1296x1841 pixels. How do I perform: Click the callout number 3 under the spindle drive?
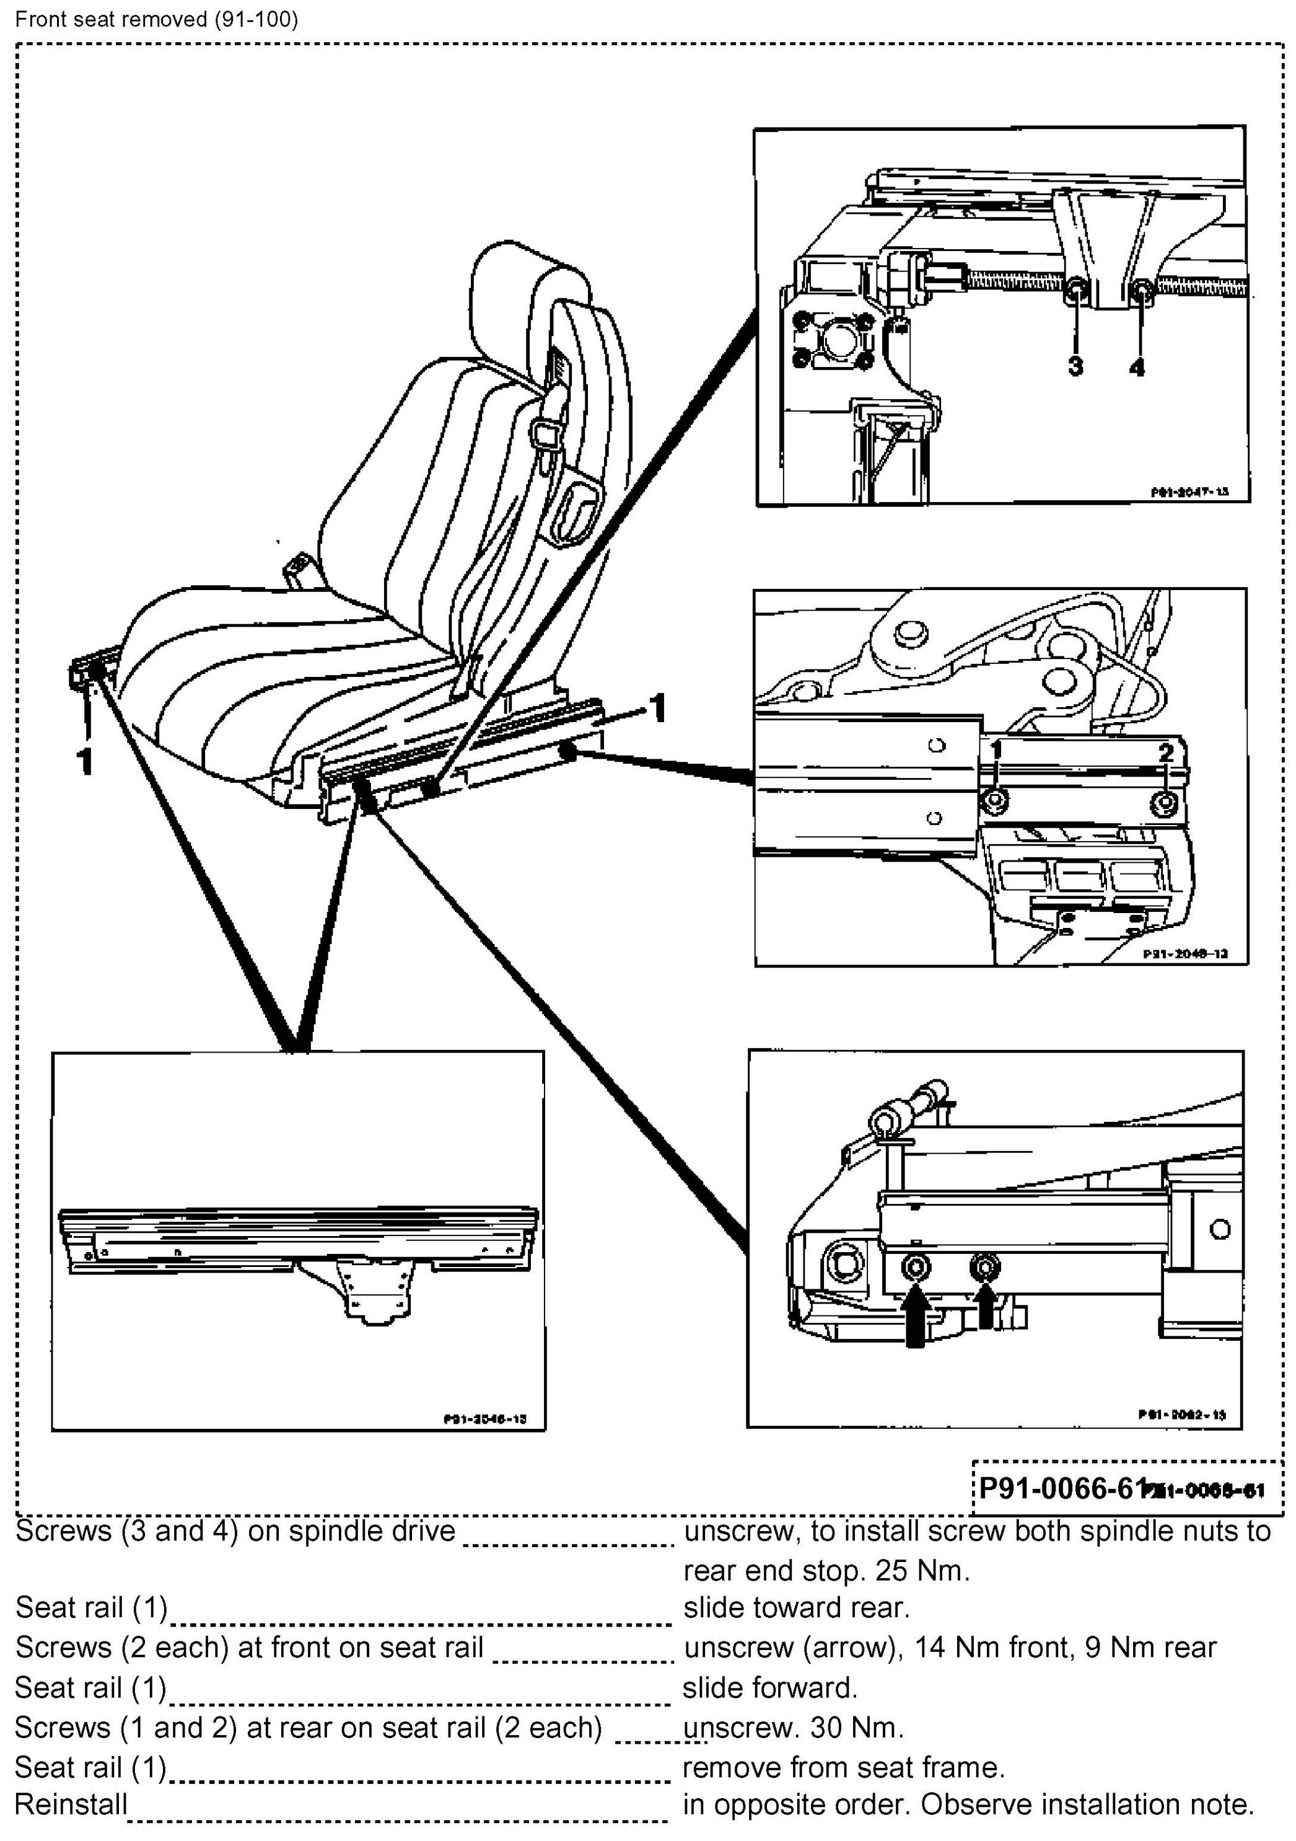tap(1075, 366)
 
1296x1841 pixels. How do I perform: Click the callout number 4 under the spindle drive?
tap(1137, 367)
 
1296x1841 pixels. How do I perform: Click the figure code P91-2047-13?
tap(1189, 492)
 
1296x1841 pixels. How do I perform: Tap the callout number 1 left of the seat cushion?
tap(84, 760)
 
